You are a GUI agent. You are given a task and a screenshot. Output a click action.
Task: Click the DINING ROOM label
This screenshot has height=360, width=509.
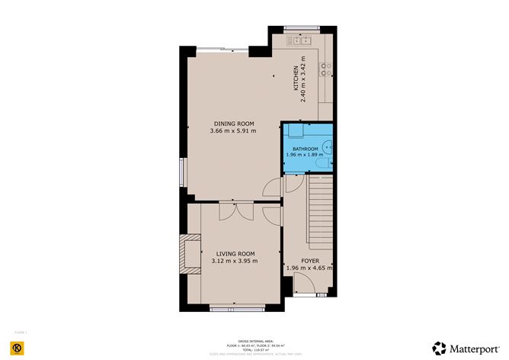(x=233, y=124)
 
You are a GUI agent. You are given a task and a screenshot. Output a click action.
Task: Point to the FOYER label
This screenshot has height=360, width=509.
(x=310, y=261)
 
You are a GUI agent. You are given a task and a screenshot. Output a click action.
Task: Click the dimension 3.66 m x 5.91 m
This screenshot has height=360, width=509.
(x=233, y=131)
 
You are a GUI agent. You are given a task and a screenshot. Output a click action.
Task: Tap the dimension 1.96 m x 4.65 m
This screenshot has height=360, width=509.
(x=310, y=268)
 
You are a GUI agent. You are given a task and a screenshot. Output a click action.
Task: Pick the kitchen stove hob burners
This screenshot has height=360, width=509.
(x=326, y=69)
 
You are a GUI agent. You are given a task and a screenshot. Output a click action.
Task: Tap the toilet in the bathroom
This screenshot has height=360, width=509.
(x=325, y=162)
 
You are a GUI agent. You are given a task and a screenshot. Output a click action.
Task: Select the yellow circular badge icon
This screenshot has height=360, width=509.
(x=21, y=348)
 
